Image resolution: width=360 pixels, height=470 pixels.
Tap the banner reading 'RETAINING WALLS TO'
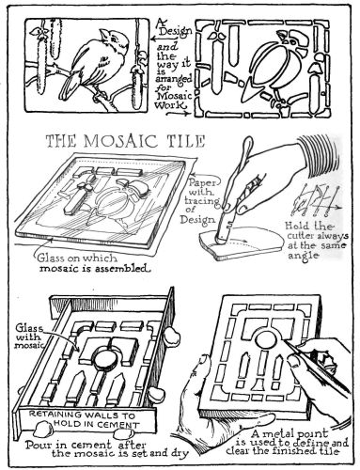pos(87,413)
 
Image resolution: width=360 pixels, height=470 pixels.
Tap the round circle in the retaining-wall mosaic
pos(111,358)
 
